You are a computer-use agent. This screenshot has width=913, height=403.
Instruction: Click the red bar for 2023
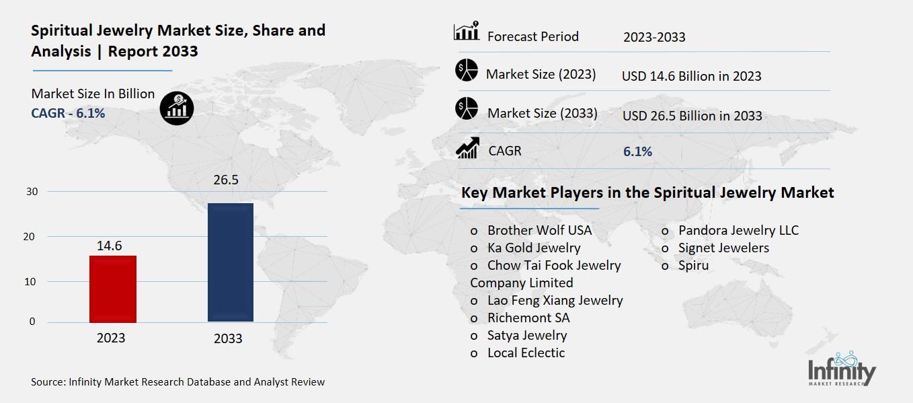pyautogui.click(x=113, y=289)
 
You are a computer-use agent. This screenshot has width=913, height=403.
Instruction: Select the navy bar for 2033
pyautogui.click(x=230, y=262)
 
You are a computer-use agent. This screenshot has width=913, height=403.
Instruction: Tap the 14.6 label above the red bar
pyautogui.click(x=109, y=246)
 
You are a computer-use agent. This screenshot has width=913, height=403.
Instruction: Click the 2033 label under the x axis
pyautogui.click(x=228, y=338)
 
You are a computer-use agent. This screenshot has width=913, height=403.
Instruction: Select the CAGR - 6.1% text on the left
pyautogui.click(x=68, y=113)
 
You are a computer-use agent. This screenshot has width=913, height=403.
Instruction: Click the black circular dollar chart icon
pyautogui.click(x=177, y=107)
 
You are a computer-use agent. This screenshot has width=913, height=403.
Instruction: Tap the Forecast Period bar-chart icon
pyautogui.click(x=467, y=32)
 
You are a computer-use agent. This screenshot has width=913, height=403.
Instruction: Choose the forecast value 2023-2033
pyautogui.click(x=654, y=37)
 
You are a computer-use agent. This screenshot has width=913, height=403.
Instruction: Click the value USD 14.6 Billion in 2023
pyautogui.click(x=691, y=76)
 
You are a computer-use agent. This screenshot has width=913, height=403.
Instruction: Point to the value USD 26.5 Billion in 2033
pyautogui.click(x=692, y=116)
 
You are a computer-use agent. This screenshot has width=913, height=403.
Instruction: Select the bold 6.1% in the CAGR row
pyautogui.click(x=637, y=151)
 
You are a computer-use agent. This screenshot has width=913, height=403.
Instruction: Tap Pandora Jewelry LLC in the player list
pyautogui.click(x=738, y=230)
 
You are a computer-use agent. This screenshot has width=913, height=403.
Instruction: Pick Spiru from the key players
pyautogui.click(x=693, y=265)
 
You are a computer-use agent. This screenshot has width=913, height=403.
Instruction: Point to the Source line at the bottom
pyautogui.click(x=177, y=382)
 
